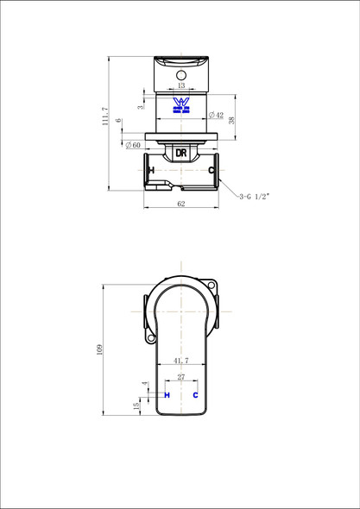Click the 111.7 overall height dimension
click(x=105, y=116)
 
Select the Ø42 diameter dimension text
click(x=216, y=115)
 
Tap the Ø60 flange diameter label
click(x=133, y=145)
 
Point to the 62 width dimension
click(x=181, y=204)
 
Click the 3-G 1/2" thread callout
click(x=255, y=197)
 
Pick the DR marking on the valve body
click(x=181, y=153)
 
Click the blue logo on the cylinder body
click(x=181, y=105)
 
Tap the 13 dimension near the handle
click(x=181, y=85)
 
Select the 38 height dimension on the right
click(x=231, y=121)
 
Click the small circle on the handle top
click(x=181, y=75)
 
